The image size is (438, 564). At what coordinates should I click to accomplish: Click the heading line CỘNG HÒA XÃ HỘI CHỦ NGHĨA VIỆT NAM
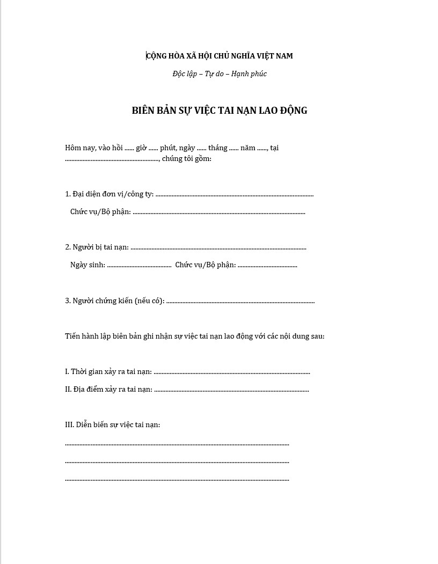[x=220, y=56]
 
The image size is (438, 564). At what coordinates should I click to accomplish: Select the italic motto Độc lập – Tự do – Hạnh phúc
[x=220, y=74]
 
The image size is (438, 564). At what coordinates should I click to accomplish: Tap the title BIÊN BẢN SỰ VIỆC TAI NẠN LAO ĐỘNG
[x=220, y=111]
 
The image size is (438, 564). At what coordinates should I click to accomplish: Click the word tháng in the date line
[x=218, y=148]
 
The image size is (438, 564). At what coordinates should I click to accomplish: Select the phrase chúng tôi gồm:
[x=187, y=159]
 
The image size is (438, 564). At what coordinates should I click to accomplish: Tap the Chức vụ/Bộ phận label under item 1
[x=100, y=212]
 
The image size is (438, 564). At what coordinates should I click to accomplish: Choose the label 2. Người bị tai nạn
[x=97, y=247]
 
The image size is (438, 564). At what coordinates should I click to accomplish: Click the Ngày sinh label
[x=87, y=265]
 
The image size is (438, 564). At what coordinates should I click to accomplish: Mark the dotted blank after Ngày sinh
[x=139, y=266]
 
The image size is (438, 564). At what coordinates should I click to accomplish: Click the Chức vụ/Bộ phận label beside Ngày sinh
[x=205, y=265]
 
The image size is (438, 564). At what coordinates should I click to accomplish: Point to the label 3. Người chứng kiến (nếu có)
[x=114, y=301]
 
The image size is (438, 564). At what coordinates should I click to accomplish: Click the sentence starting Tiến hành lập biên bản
[x=194, y=336]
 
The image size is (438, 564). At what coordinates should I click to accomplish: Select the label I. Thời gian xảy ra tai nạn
[x=108, y=372]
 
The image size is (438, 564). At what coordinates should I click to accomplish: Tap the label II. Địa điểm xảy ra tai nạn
[x=108, y=390]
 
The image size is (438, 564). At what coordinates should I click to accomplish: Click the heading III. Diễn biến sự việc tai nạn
[x=112, y=425]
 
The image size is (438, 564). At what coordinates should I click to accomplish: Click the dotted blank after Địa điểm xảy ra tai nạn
[x=231, y=390]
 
